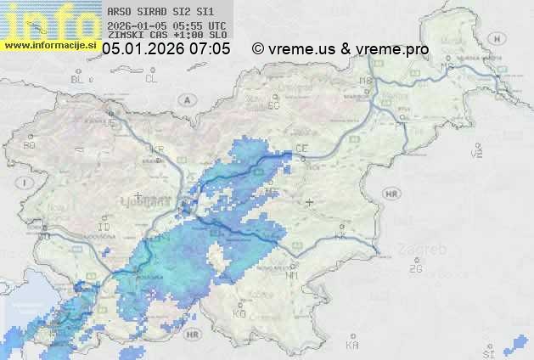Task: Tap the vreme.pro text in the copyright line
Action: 394,49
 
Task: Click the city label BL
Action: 79,79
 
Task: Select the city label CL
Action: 151,79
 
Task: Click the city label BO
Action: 29,145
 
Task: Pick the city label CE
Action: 301,149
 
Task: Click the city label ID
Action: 104,228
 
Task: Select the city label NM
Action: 293,276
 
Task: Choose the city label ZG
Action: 415,269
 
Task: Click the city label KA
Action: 352,346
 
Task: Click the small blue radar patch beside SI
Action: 514,344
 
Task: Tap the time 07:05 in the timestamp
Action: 210,49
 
